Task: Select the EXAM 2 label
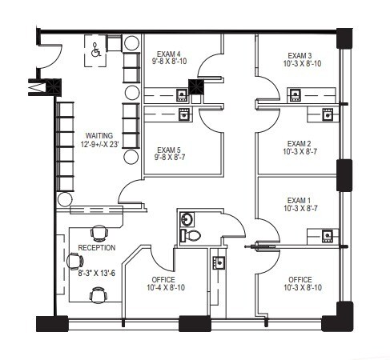pyautogui.click(x=300, y=144)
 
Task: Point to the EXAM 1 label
pyautogui.click(x=300, y=200)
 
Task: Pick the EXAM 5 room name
pyautogui.click(x=170, y=150)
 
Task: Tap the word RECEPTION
pyautogui.click(x=96, y=248)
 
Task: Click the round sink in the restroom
pyautogui.click(x=187, y=218)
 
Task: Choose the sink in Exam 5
pyautogui.click(x=183, y=114)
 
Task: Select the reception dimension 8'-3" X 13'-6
pyautogui.click(x=96, y=273)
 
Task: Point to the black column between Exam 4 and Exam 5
pyautogui.click(x=195, y=86)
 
